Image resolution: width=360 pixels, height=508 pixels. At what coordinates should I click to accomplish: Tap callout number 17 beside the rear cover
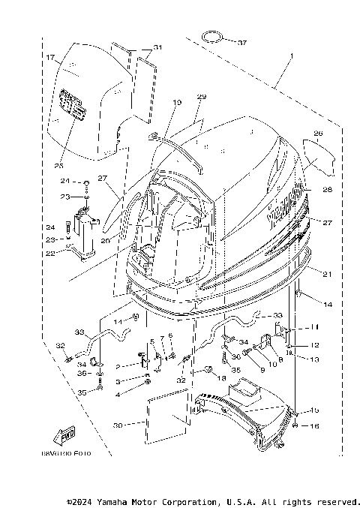point(49,57)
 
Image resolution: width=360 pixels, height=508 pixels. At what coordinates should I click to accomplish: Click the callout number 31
point(157,47)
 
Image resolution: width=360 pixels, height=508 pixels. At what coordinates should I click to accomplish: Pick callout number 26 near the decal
point(318,134)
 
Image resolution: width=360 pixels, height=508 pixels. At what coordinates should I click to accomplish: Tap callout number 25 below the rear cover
point(58,165)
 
